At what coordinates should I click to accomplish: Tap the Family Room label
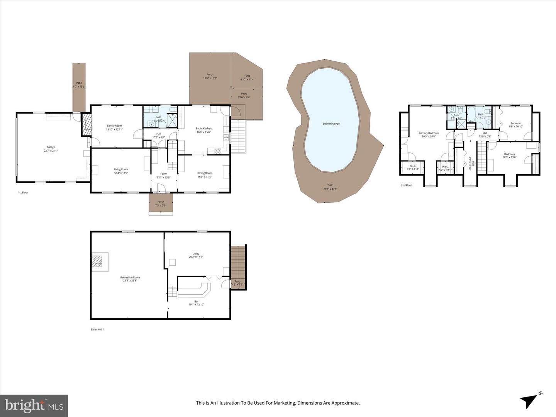coord(114,127)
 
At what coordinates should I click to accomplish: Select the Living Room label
coord(121,171)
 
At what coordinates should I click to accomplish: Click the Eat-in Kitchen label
coord(203,130)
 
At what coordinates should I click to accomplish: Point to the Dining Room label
coord(205,175)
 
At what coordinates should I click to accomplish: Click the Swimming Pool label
coord(331,124)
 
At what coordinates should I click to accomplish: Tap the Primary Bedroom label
coord(429,135)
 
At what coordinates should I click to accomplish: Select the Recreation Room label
coord(130,279)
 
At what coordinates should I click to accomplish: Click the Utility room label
coord(196,255)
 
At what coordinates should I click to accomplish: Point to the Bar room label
coord(196,303)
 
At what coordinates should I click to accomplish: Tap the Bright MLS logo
coord(34,405)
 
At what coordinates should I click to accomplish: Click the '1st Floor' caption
coord(23,192)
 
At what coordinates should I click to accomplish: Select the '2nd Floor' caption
coord(406,185)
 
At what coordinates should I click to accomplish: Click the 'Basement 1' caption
coord(97,329)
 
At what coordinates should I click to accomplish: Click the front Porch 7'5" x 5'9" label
coord(161,203)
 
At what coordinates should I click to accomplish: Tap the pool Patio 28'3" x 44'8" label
coord(330,187)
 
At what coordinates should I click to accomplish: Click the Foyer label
coord(164,176)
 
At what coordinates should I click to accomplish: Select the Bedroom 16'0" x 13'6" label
coord(509,156)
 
